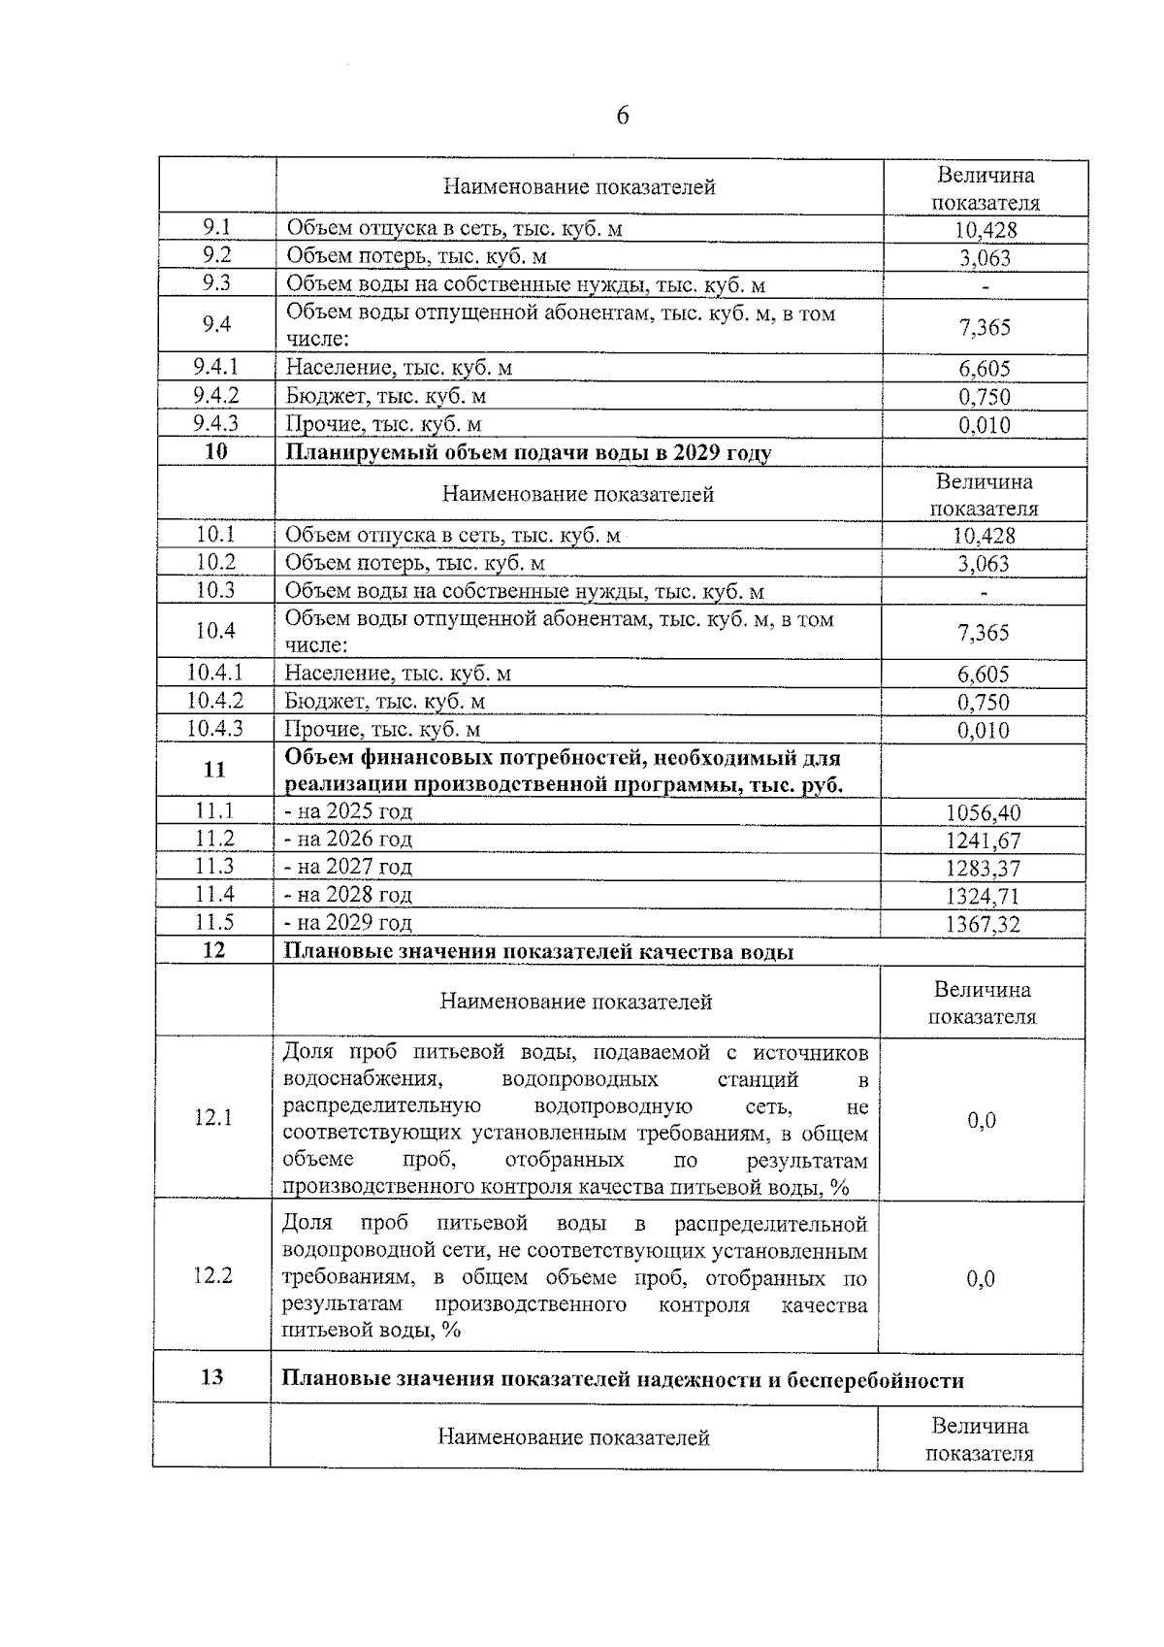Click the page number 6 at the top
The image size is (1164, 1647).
[x=622, y=116]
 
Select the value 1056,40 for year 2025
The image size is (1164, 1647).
[x=983, y=813]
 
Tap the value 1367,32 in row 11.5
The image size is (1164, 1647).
[x=983, y=925]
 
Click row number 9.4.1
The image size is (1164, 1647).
[x=216, y=367]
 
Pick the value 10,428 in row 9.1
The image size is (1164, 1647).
[x=985, y=230]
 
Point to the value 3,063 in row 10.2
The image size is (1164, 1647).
[x=984, y=564]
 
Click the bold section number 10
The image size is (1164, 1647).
[x=215, y=451]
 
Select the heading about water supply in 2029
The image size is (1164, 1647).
[x=529, y=453]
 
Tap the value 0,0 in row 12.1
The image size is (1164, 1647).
[x=982, y=1120]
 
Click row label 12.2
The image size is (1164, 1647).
[x=212, y=1275]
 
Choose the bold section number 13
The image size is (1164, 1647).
[x=211, y=1377]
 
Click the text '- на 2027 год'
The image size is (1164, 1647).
[x=348, y=867]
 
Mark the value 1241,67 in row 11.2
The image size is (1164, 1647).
[x=983, y=841]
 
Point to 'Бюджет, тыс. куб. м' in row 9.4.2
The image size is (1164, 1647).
[x=385, y=396]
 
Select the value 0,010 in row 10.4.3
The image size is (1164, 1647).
[x=984, y=731]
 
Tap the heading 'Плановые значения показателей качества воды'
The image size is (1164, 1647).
[x=538, y=952]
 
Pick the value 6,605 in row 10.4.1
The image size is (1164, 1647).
[x=984, y=675]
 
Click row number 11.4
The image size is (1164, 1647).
[x=214, y=894]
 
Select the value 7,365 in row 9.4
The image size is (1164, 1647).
[x=985, y=327]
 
